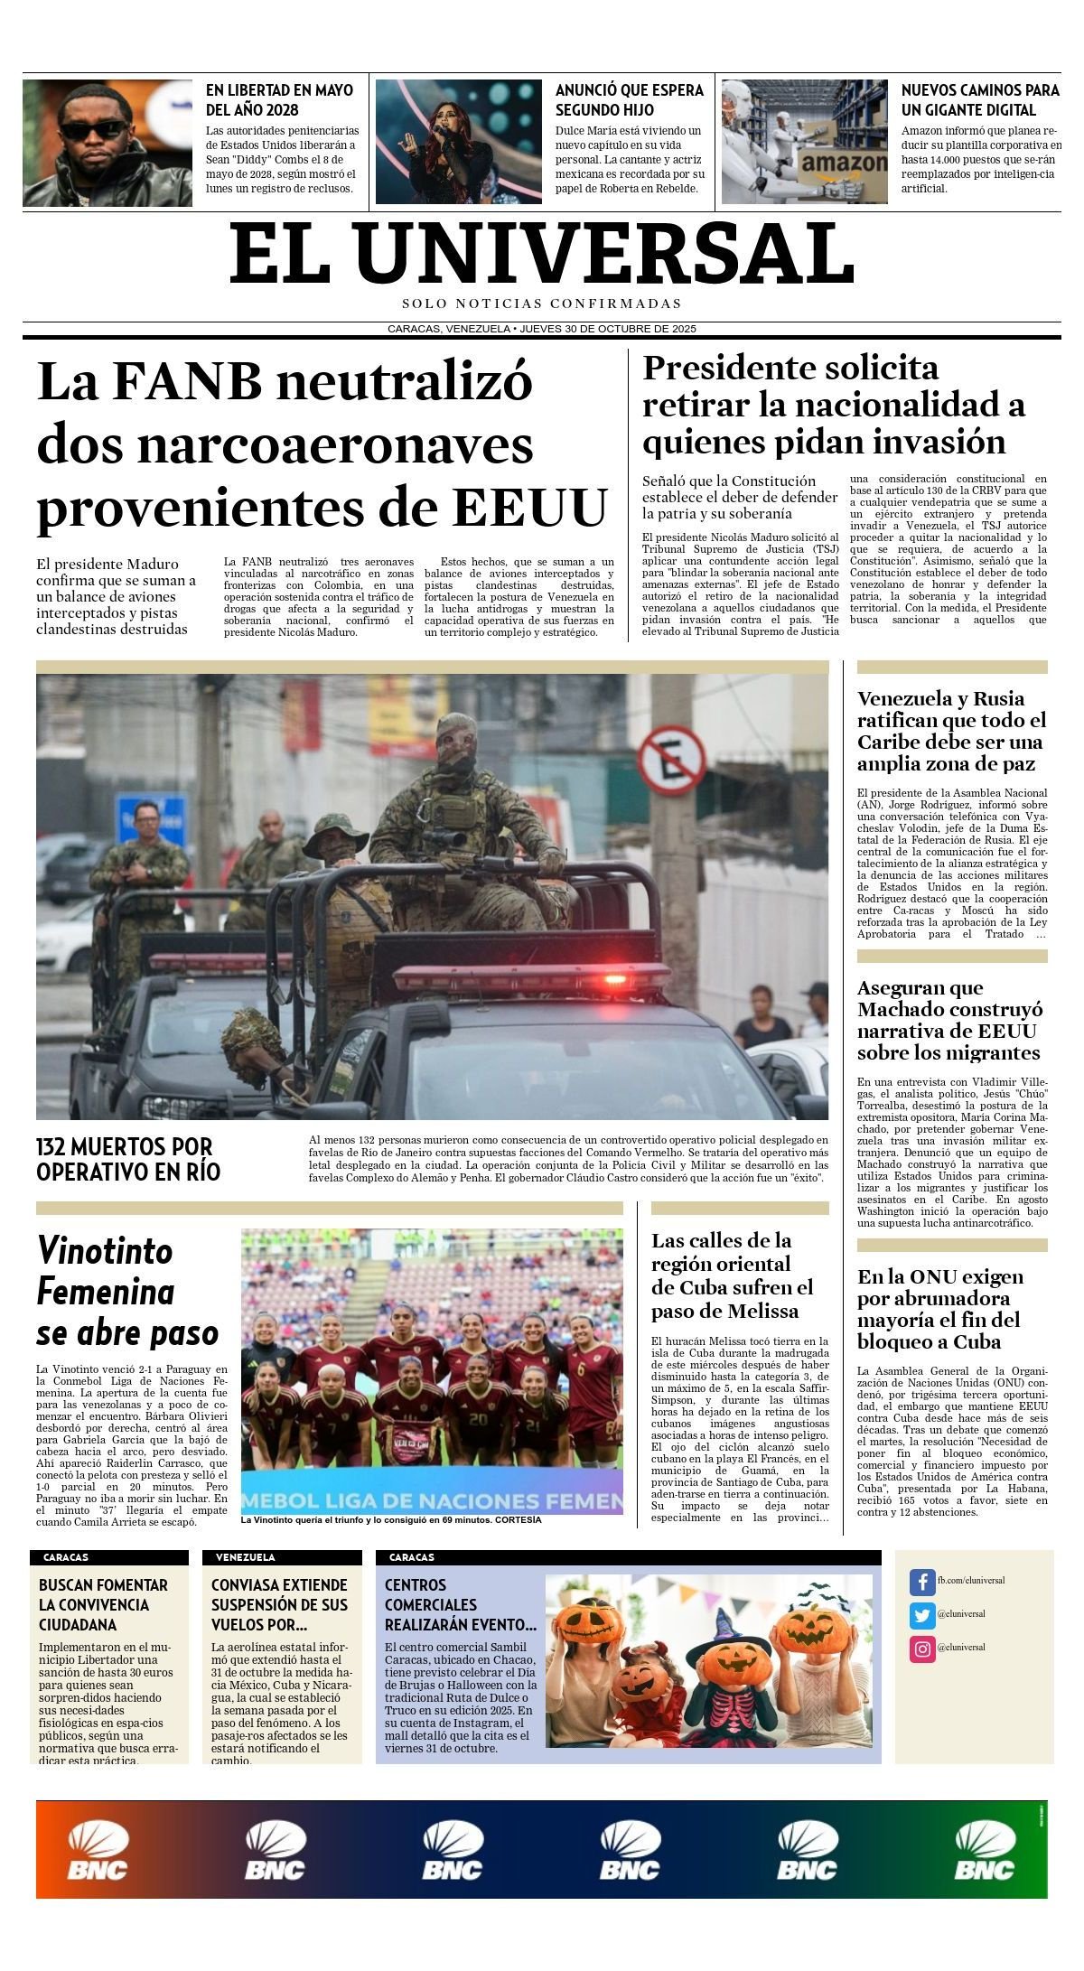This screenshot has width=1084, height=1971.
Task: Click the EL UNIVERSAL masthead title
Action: click(x=542, y=255)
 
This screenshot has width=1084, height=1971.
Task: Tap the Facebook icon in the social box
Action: click(x=921, y=1582)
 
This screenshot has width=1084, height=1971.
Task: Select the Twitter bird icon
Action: click(x=921, y=1615)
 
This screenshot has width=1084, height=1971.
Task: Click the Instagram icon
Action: click(x=921, y=1649)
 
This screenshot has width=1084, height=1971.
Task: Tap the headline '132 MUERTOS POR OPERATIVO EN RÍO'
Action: click(x=128, y=1159)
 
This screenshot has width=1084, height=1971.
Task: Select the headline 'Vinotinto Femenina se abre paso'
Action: click(x=127, y=1292)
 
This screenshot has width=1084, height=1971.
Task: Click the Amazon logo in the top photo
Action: click(x=843, y=163)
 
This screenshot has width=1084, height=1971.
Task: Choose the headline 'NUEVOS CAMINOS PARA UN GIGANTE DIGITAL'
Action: click(x=980, y=100)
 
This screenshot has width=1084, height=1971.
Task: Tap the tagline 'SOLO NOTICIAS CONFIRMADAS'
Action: click(x=542, y=304)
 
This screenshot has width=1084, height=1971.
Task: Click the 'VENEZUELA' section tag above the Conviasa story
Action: click(x=245, y=1557)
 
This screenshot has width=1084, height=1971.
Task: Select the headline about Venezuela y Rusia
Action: click(x=950, y=731)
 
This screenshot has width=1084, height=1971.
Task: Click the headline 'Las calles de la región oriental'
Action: click(x=733, y=1275)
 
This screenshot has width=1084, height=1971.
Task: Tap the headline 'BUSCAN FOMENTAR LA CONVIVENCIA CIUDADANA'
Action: click(x=103, y=1605)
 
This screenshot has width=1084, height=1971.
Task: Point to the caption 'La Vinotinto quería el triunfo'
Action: click(x=391, y=1519)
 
